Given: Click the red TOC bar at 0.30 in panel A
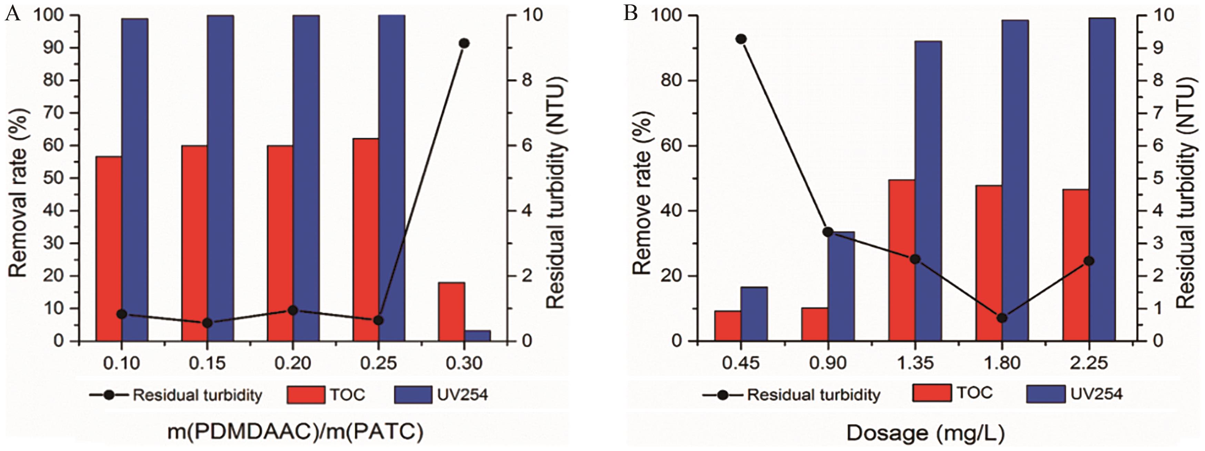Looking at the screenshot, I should coord(452,312).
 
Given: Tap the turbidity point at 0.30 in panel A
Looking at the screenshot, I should coord(464,43).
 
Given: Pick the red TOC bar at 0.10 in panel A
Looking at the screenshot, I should coord(109,248).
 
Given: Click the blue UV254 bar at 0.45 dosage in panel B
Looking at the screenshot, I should coord(753,313).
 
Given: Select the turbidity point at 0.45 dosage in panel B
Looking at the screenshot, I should coord(740,39).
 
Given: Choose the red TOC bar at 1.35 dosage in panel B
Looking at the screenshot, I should coord(901,260).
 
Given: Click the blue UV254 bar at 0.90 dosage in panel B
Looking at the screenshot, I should coord(841,286).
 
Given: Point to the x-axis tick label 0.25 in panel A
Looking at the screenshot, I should coord(378,363).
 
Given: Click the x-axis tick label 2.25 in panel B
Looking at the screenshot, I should coord(1089,363).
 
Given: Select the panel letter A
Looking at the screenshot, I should coord(13,14).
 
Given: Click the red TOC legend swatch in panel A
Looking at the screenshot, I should coord(306,395).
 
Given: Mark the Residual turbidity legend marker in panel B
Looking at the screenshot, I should coord(723,395).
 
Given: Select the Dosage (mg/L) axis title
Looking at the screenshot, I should coord(925,433).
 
